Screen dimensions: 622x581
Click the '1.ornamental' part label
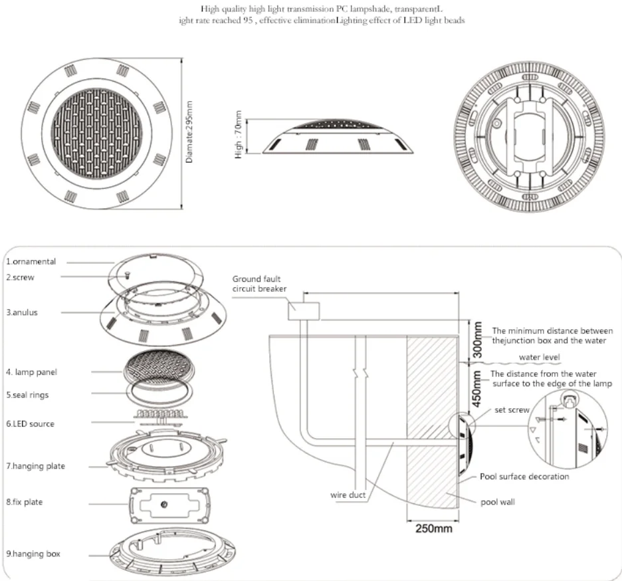31,261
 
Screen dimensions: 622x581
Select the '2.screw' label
20,277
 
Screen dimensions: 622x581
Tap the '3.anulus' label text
22,312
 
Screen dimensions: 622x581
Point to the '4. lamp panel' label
31,372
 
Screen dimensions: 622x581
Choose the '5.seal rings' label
27,395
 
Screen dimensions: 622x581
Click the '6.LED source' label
30,424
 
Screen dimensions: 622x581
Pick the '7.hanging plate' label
36,466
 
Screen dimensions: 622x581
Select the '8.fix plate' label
24,502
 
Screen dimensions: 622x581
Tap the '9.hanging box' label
33,554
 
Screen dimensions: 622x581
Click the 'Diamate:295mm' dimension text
189,132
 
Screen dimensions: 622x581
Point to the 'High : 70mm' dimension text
238,135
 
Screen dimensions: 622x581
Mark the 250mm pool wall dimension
433,528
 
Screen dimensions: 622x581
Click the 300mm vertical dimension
478,340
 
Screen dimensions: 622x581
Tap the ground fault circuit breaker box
304,310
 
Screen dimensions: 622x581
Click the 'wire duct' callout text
348,495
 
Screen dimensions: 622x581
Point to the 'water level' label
540,357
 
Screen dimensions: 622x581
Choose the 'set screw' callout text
512,410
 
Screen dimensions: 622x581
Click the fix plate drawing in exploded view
169,505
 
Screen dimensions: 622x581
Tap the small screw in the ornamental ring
128,275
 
